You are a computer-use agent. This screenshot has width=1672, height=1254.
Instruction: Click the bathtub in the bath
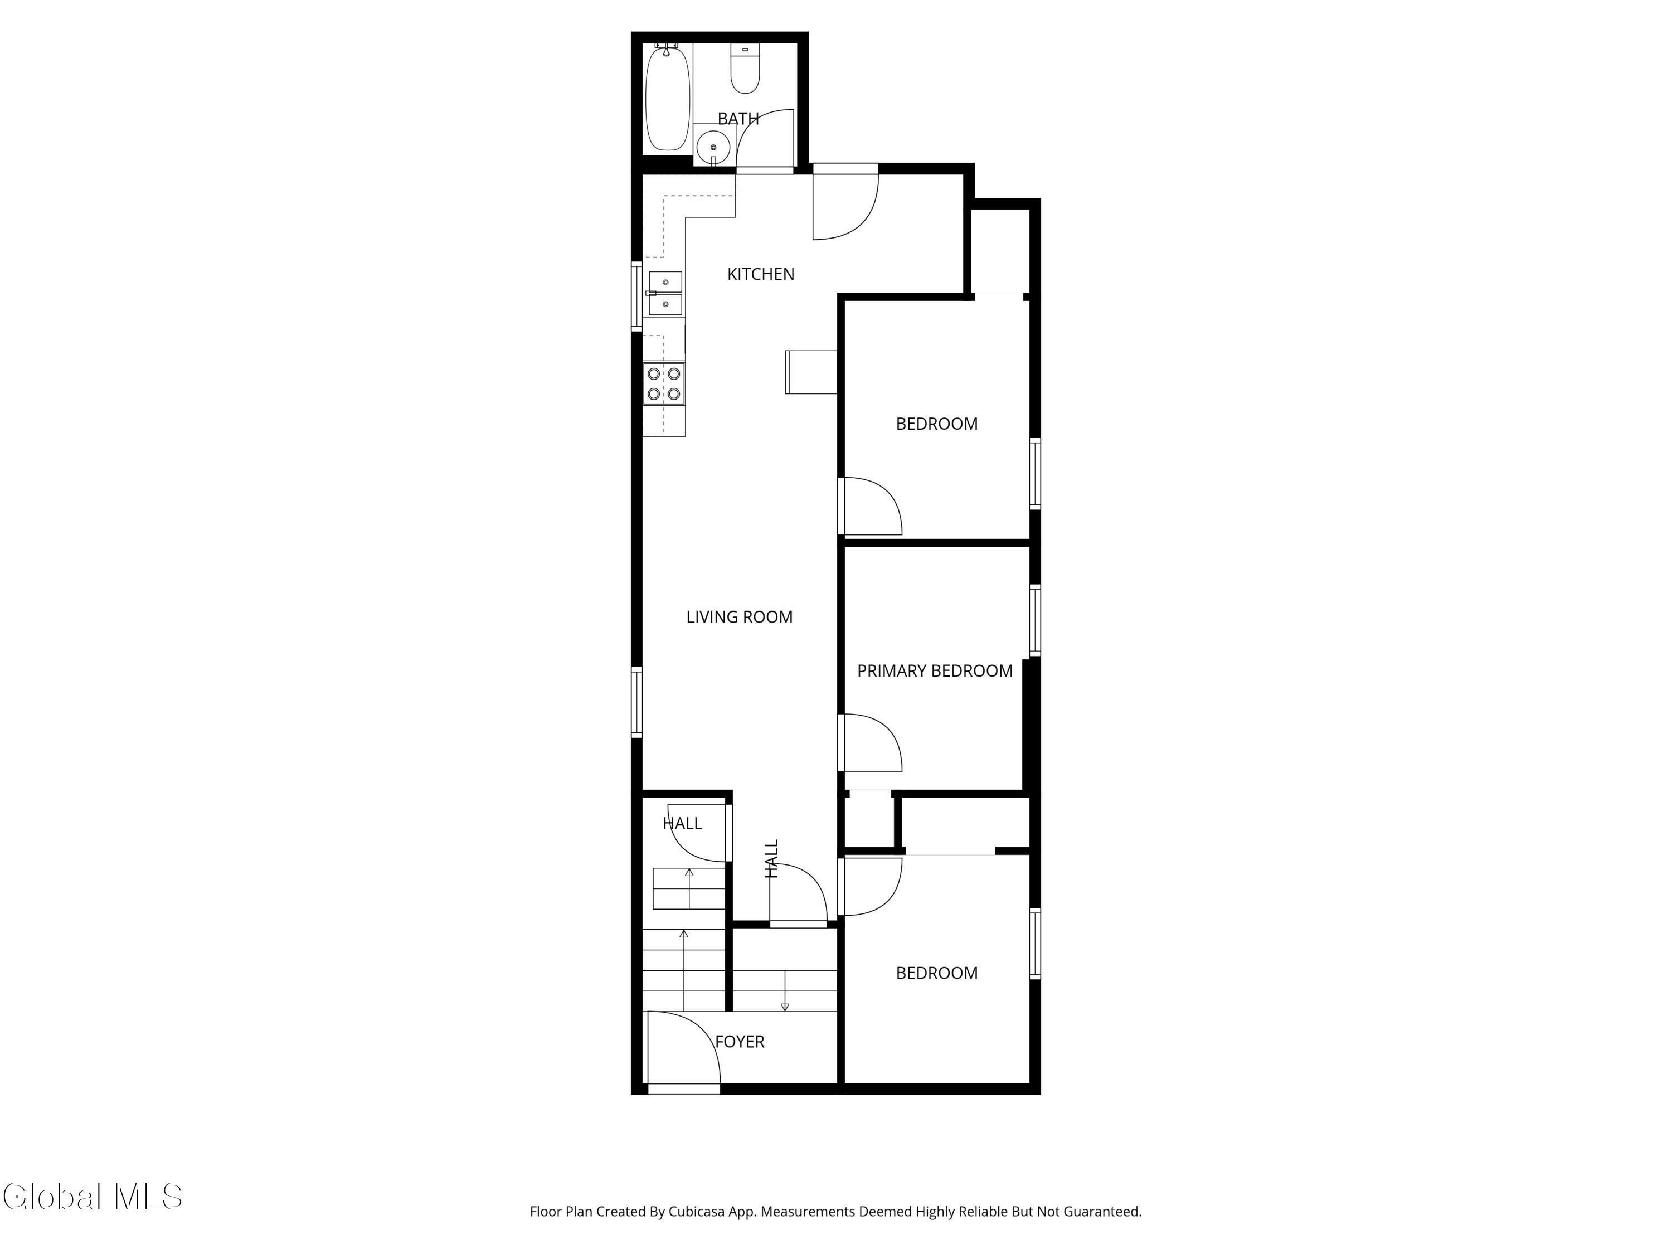click(x=668, y=98)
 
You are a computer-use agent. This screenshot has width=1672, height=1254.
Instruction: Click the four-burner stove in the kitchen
click(x=664, y=384)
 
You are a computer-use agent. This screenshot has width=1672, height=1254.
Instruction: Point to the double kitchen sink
click(x=665, y=293)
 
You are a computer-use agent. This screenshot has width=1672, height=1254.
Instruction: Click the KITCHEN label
click(x=760, y=274)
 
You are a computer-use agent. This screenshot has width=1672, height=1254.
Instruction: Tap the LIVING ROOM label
click(x=739, y=617)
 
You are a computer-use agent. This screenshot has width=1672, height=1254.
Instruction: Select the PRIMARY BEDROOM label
click(x=934, y=670)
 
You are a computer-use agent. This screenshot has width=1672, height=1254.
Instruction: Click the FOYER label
click(x=739, y=1042)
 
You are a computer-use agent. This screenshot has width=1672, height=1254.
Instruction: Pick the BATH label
click(x=738, y=119)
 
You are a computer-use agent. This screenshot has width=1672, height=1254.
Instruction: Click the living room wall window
click(x=637, y=702)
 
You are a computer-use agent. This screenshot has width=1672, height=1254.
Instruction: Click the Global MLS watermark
click(x=92, y=1197)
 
